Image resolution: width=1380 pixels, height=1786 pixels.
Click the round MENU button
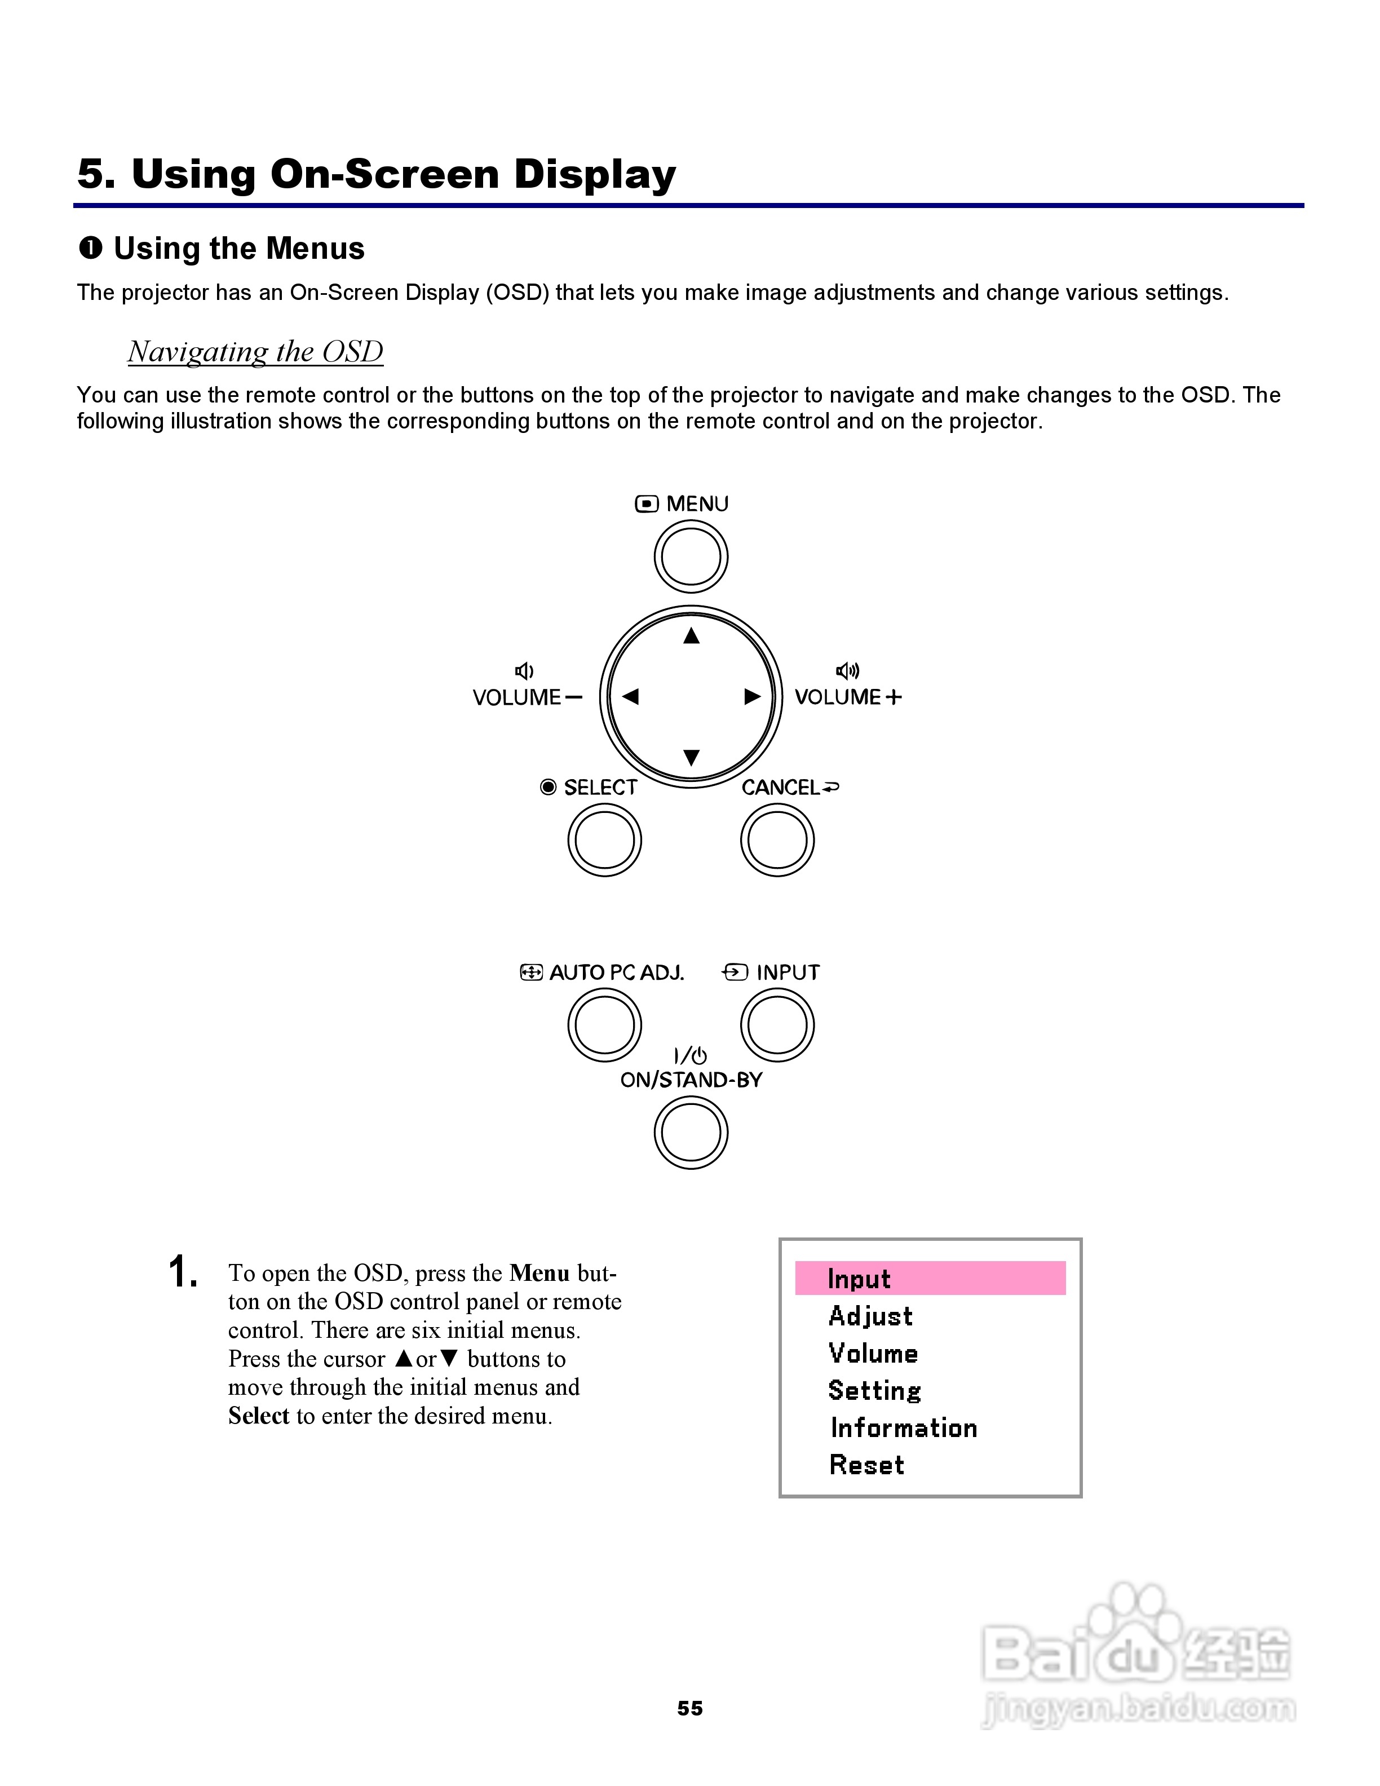tap(691, 557)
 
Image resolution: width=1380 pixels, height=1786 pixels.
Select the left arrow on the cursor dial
tap(630, 697)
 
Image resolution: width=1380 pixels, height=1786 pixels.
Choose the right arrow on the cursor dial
tap(752, 697)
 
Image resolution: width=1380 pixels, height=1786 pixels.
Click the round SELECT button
tap(604, 840)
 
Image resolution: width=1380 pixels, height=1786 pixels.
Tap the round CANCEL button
tap(777, 840)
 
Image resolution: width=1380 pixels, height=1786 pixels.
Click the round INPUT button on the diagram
tap(777, 1025)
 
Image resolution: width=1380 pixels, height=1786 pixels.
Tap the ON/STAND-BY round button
tap(691, 1133)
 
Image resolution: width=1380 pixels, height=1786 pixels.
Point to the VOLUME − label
tap(527, 697)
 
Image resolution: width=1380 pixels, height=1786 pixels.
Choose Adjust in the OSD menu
tap(870, 1316)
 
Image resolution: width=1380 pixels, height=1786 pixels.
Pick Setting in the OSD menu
tap(874, 1390)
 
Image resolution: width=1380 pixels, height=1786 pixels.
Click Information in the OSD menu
tap(904, 1428)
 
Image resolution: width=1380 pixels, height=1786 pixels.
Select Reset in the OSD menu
tap(866, 1465)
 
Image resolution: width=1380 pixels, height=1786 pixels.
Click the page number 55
tap(690, 1708)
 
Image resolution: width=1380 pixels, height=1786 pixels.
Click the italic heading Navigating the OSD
tap(255, 352)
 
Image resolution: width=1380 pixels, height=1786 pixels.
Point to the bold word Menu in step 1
tap(539, 1274)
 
